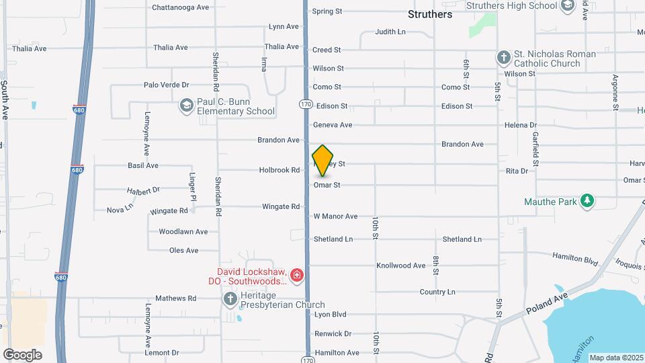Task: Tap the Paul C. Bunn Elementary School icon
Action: tap(186, 106)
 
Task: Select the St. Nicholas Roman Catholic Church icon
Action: tap(504, 58)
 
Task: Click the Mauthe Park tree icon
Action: tap(587, 200)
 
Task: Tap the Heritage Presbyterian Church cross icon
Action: tap(230, 298)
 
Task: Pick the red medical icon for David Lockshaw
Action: tap(297, 275)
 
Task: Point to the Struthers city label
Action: tap(430, 14)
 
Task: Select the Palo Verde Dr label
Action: tap(166, 85)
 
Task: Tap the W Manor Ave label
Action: tap(335, 216)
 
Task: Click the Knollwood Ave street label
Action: tap(401, 266)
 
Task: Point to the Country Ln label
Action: tap(437, 292)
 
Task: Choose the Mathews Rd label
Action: tap(175, 298)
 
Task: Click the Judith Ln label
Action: tap(390, 32)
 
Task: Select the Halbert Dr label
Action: tap(143, 191)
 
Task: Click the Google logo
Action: tap(22, 355)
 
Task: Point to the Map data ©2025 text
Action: tap(616, 358)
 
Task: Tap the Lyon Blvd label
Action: tap(330, 314)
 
